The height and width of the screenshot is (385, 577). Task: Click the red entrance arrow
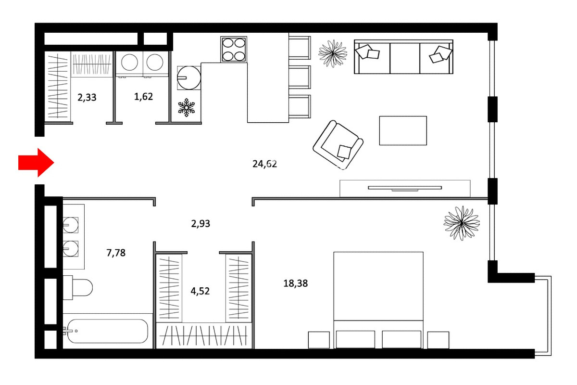pyautogui.click(x=36, y=163)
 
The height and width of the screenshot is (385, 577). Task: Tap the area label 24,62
pyautogui.click(x=264, y=164)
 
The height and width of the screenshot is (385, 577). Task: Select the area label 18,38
pyautogui.click(x=295, y=283)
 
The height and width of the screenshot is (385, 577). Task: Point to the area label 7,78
pyautogui.click(x=116, y=253)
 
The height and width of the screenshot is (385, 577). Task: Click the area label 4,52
pyautogui.click(x=200, y=291)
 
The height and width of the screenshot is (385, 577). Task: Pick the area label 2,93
pyautogui.click(x=201, y=224)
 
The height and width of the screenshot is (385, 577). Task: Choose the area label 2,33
pyautogui.click(x=87, y=98)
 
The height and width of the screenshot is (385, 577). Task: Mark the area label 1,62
pyautogui.click(x=143, y=97)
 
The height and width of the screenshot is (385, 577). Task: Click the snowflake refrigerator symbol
pyautogui.click(x=187, y=107)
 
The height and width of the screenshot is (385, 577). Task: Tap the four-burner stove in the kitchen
pyautogui.click(x=234, y=49)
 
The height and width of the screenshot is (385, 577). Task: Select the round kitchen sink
pyautogui.click(x=189, y=78)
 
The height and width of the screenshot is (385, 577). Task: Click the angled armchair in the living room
pyautogui.click(x=338, y=145)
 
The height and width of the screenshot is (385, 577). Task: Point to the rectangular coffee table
pyautogui.click(x=403, y=130)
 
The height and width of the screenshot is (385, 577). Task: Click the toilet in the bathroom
pyautogui.click(x=78, y=287)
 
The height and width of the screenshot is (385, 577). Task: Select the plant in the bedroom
pyautogui.click(x=462, y=223)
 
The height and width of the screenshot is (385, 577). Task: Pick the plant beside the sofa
pyautogui.click(x=333, y=53)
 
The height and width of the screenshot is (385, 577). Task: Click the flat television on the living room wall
pyautogui.click(x=405, y=188)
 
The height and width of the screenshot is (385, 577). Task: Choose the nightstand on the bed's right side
pyautogui.click(x=438, y=340)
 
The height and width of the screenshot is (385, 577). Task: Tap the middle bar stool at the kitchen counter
pyautogui.click(x=300, y=77)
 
